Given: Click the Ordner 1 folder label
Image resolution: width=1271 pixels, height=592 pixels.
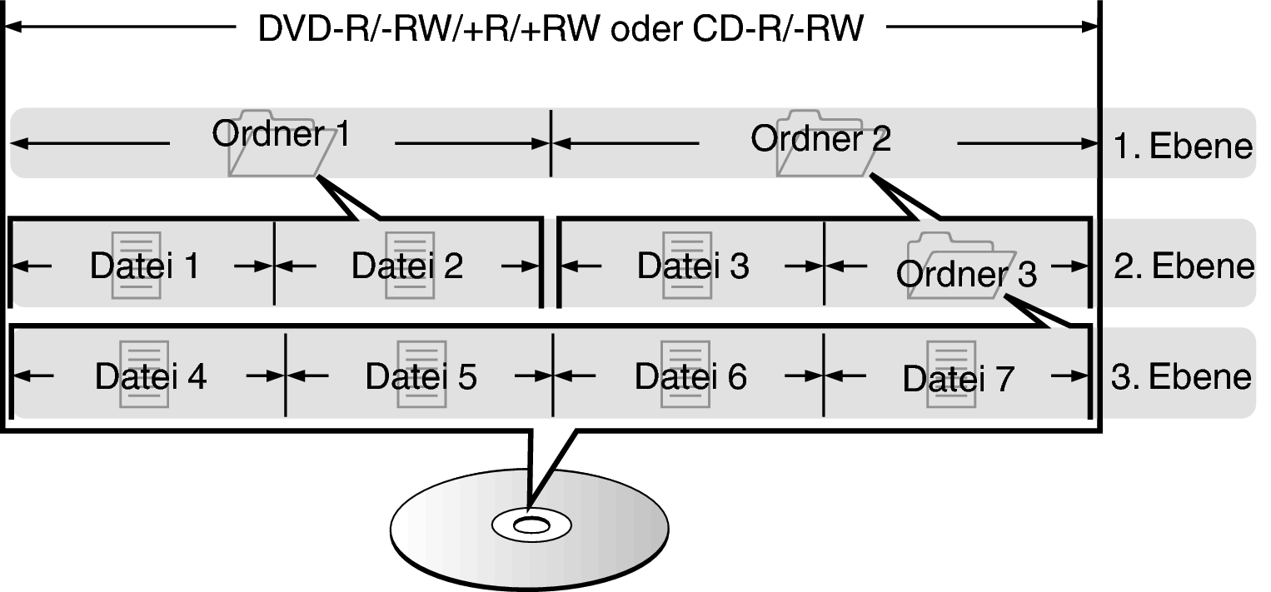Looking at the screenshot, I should [x=282, y=134].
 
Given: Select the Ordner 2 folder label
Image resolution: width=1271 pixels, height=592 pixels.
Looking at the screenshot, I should [x=820, y=138].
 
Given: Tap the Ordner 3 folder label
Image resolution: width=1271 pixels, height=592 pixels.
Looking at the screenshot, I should [x=967, y=273].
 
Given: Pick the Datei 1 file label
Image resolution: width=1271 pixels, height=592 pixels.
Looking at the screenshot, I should [x=144, y=266].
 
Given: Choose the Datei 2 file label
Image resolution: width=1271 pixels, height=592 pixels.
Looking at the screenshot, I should [x=407, y=266].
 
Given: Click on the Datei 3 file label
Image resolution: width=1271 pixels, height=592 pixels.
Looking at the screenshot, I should [x=693, y=266].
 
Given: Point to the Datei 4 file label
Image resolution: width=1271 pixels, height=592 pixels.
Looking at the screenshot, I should [x=151, y=376].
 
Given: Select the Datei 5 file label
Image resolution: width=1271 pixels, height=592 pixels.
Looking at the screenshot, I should [x=421, y=376].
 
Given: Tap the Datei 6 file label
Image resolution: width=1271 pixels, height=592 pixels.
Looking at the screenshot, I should [x=691, y=376].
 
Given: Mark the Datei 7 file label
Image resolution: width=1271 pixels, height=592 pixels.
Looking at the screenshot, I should [x=959, y=380].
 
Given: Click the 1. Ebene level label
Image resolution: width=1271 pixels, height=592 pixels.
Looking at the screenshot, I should [x=1184, y=147].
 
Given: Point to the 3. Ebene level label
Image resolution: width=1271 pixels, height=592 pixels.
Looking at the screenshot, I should [x=1182, y=376].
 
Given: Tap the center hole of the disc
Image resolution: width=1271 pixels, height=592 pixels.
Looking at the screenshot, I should [x=527, y=525].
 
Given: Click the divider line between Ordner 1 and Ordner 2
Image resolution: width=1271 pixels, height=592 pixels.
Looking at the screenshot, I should [x=551, y=143].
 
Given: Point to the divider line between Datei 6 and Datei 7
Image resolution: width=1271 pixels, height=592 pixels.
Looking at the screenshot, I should [x=823, y=376].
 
